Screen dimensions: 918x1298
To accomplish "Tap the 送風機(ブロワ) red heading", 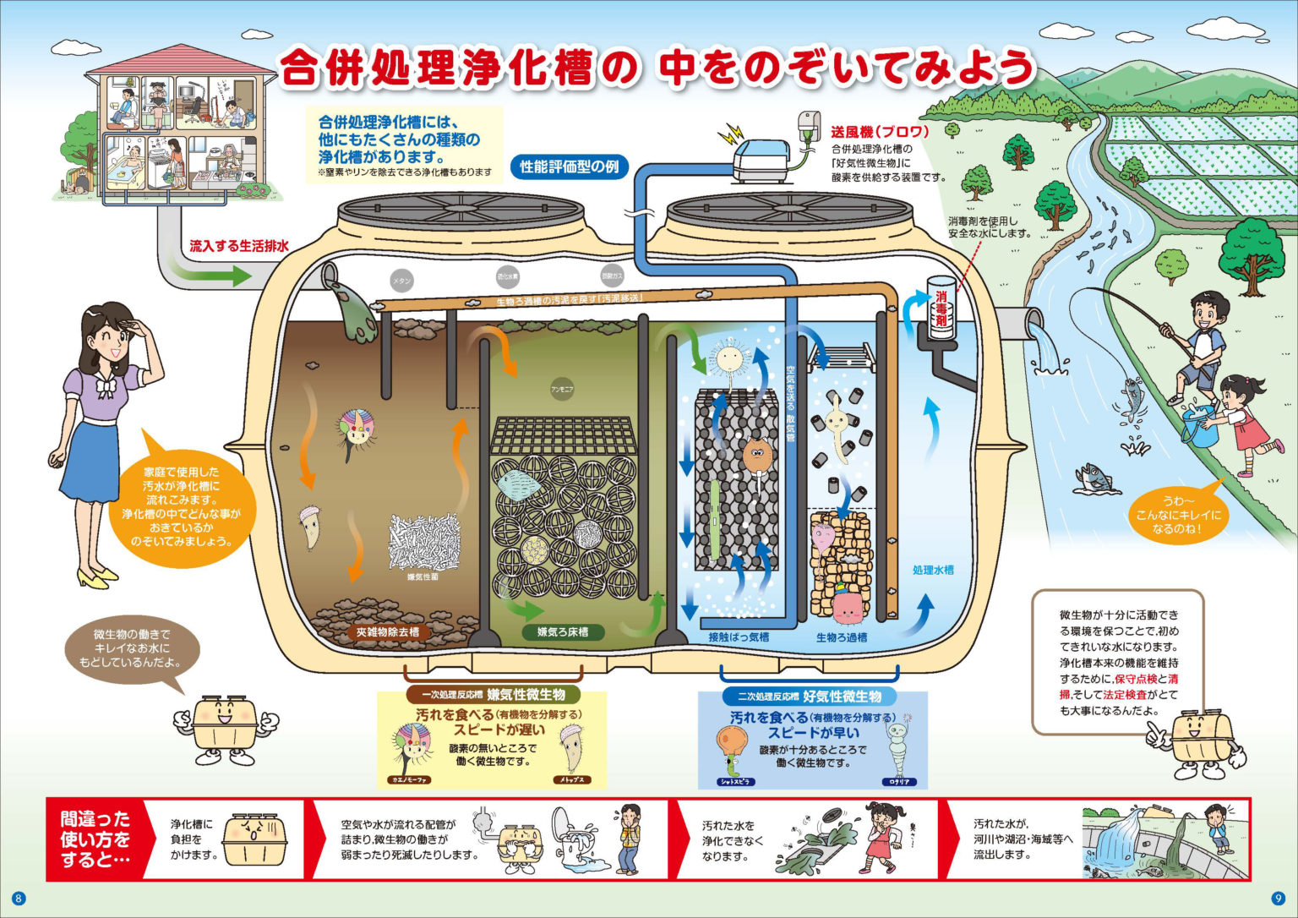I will point(880,132).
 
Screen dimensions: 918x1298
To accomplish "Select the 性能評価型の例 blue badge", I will point(569,167).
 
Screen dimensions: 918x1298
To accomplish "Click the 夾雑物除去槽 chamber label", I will point(387,631).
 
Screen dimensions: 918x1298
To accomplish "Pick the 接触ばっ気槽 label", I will point(738,637).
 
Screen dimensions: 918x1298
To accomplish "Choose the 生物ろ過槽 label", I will point(841,637).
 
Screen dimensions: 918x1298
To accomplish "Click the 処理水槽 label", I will point(932,570).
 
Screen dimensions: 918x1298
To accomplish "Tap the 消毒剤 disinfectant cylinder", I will point(941,309).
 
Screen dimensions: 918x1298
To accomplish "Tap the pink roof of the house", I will point(181,60).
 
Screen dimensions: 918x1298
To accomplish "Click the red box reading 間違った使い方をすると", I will point(95,839).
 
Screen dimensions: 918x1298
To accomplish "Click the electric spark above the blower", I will point(728,134).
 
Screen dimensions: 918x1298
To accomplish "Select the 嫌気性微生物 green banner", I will point(494,695).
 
